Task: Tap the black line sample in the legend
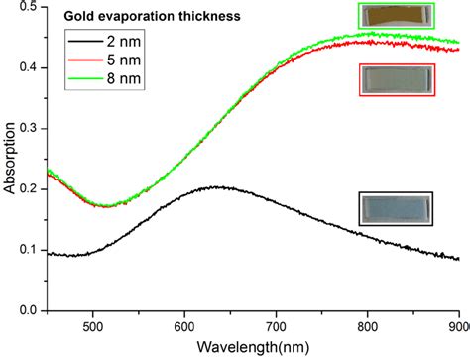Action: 85,41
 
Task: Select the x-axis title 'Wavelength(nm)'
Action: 254,348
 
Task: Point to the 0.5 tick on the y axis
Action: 31,8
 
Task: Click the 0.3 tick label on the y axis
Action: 31,129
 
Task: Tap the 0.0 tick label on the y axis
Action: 31,311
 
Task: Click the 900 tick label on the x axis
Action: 456,326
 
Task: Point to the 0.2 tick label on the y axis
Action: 31,189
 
